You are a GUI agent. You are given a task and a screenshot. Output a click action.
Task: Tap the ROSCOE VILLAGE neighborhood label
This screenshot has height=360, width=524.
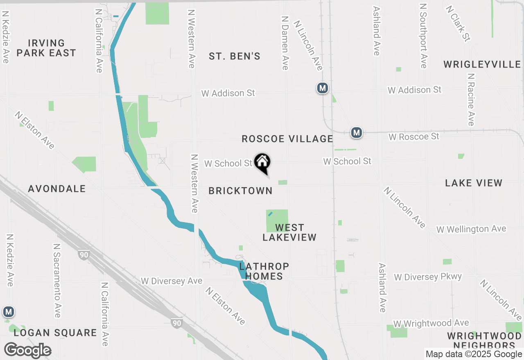(x=287, y=139)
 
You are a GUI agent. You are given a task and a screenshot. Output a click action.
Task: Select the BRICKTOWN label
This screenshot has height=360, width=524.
(x=240, y=191)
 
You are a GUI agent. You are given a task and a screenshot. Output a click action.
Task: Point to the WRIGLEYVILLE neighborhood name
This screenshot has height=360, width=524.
(x=482, y=65)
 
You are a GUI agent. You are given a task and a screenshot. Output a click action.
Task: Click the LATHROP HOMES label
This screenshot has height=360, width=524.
(x=264, y=271)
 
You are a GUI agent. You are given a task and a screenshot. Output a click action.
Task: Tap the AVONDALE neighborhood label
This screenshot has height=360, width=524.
(x=57, y=189)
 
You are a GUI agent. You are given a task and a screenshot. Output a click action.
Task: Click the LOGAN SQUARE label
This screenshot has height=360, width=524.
(x=55, y=333)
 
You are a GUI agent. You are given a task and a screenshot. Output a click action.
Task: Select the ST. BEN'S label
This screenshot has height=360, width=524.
(x=235, y=56)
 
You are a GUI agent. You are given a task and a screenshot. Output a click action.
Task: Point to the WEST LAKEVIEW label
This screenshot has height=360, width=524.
(x=289, y=232)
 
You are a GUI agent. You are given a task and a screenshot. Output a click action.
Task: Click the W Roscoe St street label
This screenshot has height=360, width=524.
(x=414, y=136)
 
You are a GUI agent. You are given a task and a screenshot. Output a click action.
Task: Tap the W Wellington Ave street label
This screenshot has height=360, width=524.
(x=471, y=229)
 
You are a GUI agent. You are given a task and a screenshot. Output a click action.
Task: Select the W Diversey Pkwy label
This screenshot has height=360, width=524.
(x=428, y=277)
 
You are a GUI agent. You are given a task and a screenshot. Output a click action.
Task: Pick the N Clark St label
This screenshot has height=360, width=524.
(x=458, y=23)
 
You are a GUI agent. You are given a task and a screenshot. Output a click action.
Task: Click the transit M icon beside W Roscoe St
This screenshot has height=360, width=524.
(x=357, y=133)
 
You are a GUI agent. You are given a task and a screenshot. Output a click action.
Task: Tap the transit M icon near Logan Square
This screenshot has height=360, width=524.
(x=8, y=312)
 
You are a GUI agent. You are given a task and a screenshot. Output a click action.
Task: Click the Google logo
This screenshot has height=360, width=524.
(x=27, y=351)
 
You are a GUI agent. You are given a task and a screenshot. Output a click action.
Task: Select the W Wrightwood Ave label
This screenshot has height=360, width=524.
(x=431, y=324)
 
